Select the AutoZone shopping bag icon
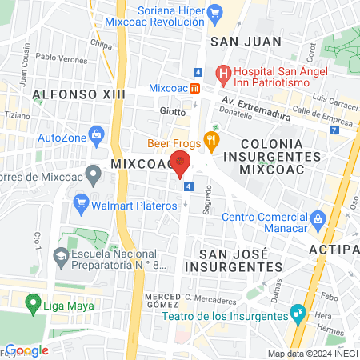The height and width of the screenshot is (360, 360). point(97,134)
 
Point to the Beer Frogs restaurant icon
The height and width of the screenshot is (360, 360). point(211,138)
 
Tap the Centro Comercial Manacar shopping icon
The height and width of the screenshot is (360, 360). point(318,218)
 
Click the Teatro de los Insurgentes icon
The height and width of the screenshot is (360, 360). point(298,312)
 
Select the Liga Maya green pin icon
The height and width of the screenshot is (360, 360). point(33,303)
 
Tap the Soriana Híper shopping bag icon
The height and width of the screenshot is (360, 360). point(214,12)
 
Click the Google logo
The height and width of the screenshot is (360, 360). point(26,350)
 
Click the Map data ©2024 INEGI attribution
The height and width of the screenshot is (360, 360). point(312,354)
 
